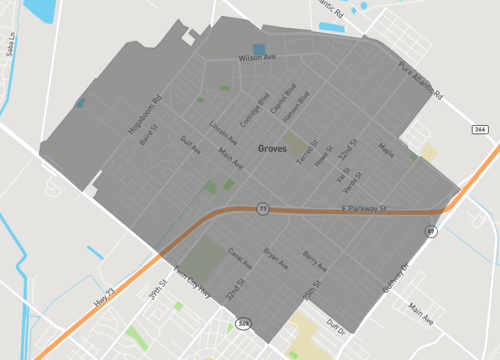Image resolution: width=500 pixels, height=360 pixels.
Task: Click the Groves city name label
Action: [272, 148]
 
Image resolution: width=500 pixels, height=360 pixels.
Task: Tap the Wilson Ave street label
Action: [256, 59]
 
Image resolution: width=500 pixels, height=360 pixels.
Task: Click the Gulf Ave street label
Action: [190, 146]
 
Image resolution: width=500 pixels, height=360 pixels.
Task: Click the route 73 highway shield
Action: [262, 208]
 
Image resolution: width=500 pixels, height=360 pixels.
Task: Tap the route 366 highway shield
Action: [479, 129]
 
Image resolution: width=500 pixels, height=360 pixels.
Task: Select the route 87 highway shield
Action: [431, 231]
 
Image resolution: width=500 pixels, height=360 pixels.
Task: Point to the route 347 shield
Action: [244, 323]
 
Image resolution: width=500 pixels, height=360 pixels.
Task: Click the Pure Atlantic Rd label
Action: [420, 82]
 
